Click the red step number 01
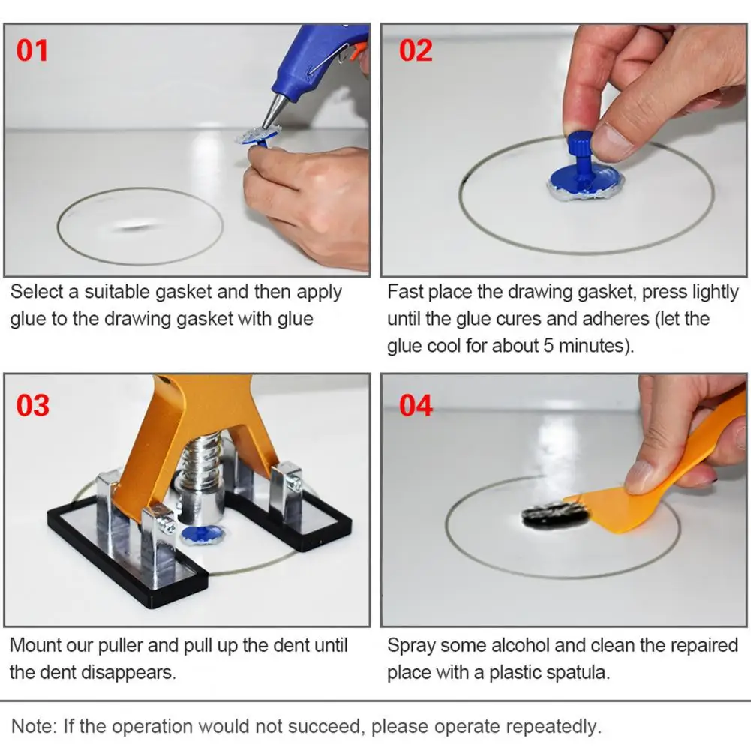(x=32, y=51)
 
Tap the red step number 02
(x=416, y=51)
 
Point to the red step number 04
(x=416, y=405)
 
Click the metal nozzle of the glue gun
(x=272, y=112)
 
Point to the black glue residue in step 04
(x=555, y=516)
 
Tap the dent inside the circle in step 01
(x=135, y=225)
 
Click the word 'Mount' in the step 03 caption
(x=32, y=646)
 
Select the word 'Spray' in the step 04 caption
(x=410, y=646)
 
